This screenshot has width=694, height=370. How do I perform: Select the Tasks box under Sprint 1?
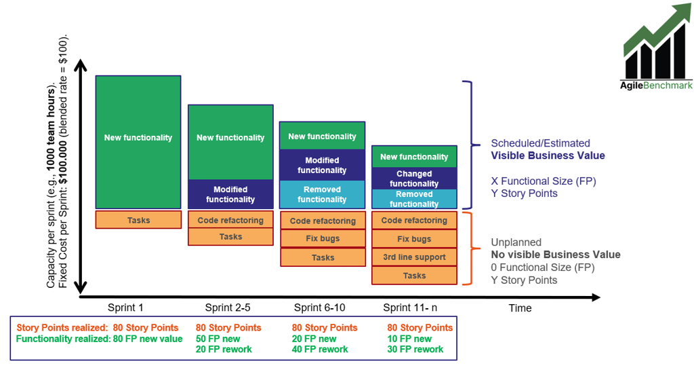click(138, 220)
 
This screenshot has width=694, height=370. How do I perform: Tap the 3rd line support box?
click(414, 257)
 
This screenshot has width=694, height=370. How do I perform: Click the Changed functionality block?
click(414, 179)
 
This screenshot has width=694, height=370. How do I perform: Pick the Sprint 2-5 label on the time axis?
click(230, 308)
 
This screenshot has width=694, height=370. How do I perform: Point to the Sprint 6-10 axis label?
click(322, 308)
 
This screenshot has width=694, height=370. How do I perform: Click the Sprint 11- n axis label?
click(411, 308)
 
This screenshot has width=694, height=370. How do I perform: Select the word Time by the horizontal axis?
click(520, 308)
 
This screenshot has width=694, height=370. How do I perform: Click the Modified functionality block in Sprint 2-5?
click(230, 194)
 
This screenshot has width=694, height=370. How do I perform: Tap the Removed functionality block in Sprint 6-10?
click(322, 194)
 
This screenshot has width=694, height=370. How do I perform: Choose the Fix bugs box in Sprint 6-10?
click(323, 239)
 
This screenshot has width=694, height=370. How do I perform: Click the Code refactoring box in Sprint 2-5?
click(230, 220)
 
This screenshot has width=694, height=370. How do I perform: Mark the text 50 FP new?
click(218, 339)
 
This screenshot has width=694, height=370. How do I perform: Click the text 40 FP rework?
click(320, 350)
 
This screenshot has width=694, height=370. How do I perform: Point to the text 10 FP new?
click(409, 339)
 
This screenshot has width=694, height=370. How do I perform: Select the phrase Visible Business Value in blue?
click(548, 155)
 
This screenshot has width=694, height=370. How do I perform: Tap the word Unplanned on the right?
click(516, 242)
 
